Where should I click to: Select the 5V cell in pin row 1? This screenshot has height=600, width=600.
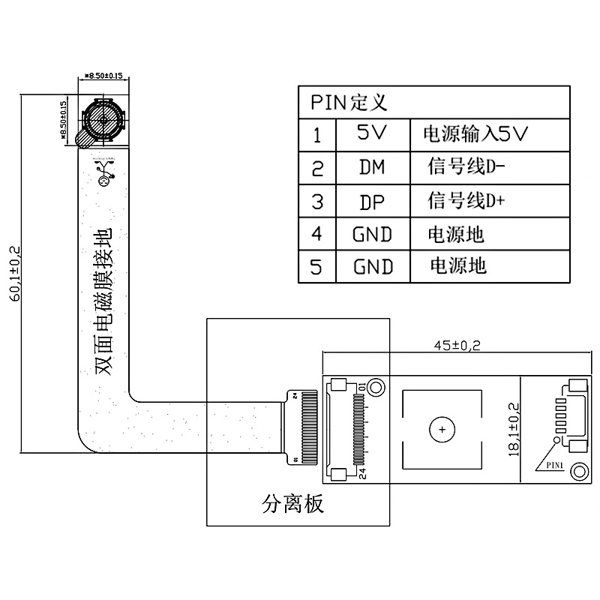371,134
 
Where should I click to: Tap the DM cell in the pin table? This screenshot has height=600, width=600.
371,167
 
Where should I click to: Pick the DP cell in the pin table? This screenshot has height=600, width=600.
372,201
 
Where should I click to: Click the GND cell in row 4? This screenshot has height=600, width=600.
373,234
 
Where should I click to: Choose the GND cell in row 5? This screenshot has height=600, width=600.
373,266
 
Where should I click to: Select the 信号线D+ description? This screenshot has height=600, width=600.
466,200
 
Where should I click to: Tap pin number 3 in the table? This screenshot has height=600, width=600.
316,201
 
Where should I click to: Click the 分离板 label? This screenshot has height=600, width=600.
293,502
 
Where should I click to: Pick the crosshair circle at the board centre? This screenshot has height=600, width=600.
442,430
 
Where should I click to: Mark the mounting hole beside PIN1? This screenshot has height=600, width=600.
578,472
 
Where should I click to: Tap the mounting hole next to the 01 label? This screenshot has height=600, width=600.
376,387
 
